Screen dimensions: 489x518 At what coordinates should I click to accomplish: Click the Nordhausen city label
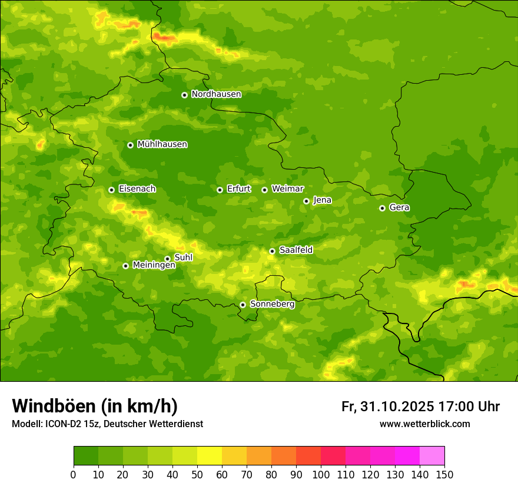pyautogui.click(x=216, y=94)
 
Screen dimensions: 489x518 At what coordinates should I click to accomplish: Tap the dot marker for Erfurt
pyautogui.click(x=220, y=190)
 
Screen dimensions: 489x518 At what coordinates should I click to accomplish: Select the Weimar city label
pyautogui.click(x=287, y=189)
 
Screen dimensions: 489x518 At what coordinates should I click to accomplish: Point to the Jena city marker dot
pyautogui.click(x=306, y=201)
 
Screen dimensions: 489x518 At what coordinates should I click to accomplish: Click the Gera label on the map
pyautogui.click(x=399, y=207)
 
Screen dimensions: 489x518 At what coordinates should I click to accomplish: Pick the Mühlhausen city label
pyautogui.click(x=162, y=144)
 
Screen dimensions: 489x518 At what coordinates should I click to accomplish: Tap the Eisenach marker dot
pyautogui.click(x=111, y=190)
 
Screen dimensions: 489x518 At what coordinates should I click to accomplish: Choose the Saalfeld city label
pyautogui.click(x=295, y=250)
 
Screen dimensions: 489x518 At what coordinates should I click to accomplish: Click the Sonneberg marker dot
pyautogui.click(x=243, y=305)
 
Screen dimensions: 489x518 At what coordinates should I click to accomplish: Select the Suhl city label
pyautogui.click(x=183, y=257)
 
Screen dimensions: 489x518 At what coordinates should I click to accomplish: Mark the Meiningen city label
pyautogui.click(x=154, y=265)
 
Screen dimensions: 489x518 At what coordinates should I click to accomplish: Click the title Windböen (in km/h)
pyautogui.click(x=94, y=406)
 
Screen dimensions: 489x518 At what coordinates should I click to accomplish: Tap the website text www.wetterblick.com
pyautogui.click(x=424, y=424)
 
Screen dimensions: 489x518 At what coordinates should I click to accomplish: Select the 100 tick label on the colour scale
pyautogui.click(x=320, y=474)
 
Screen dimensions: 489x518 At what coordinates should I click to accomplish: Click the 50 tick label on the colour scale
pyautogui.click(x=197, y=474)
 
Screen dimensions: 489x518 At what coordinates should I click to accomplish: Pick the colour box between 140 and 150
pyautogui.click(x=431, y=456)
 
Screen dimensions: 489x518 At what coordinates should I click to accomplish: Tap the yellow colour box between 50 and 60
pyautogui.click(x=209, y=456)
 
